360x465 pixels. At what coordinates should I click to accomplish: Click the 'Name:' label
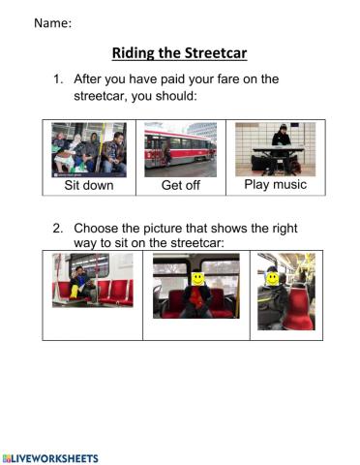[53, 23]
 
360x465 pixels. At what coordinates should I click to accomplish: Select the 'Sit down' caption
[89, 185]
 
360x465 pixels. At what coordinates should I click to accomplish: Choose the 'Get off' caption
[181, 185]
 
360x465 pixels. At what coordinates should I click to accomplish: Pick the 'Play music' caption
[276, 185]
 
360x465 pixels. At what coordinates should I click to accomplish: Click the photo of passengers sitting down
[89, 150]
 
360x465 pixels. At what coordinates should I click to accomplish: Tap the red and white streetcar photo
[181, 149]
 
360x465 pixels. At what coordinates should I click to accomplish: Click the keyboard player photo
[276, 149]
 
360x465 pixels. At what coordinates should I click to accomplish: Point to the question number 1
[58, 79]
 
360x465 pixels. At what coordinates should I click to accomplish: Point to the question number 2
[58, 229]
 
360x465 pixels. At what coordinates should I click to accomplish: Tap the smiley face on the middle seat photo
[198, 279]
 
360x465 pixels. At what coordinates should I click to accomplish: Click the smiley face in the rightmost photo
[272, 279]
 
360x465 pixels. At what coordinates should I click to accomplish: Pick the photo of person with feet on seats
[93, 280]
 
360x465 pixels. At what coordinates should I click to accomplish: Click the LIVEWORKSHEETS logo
[50, 459]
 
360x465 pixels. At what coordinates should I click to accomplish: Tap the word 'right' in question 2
[285, 229]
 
